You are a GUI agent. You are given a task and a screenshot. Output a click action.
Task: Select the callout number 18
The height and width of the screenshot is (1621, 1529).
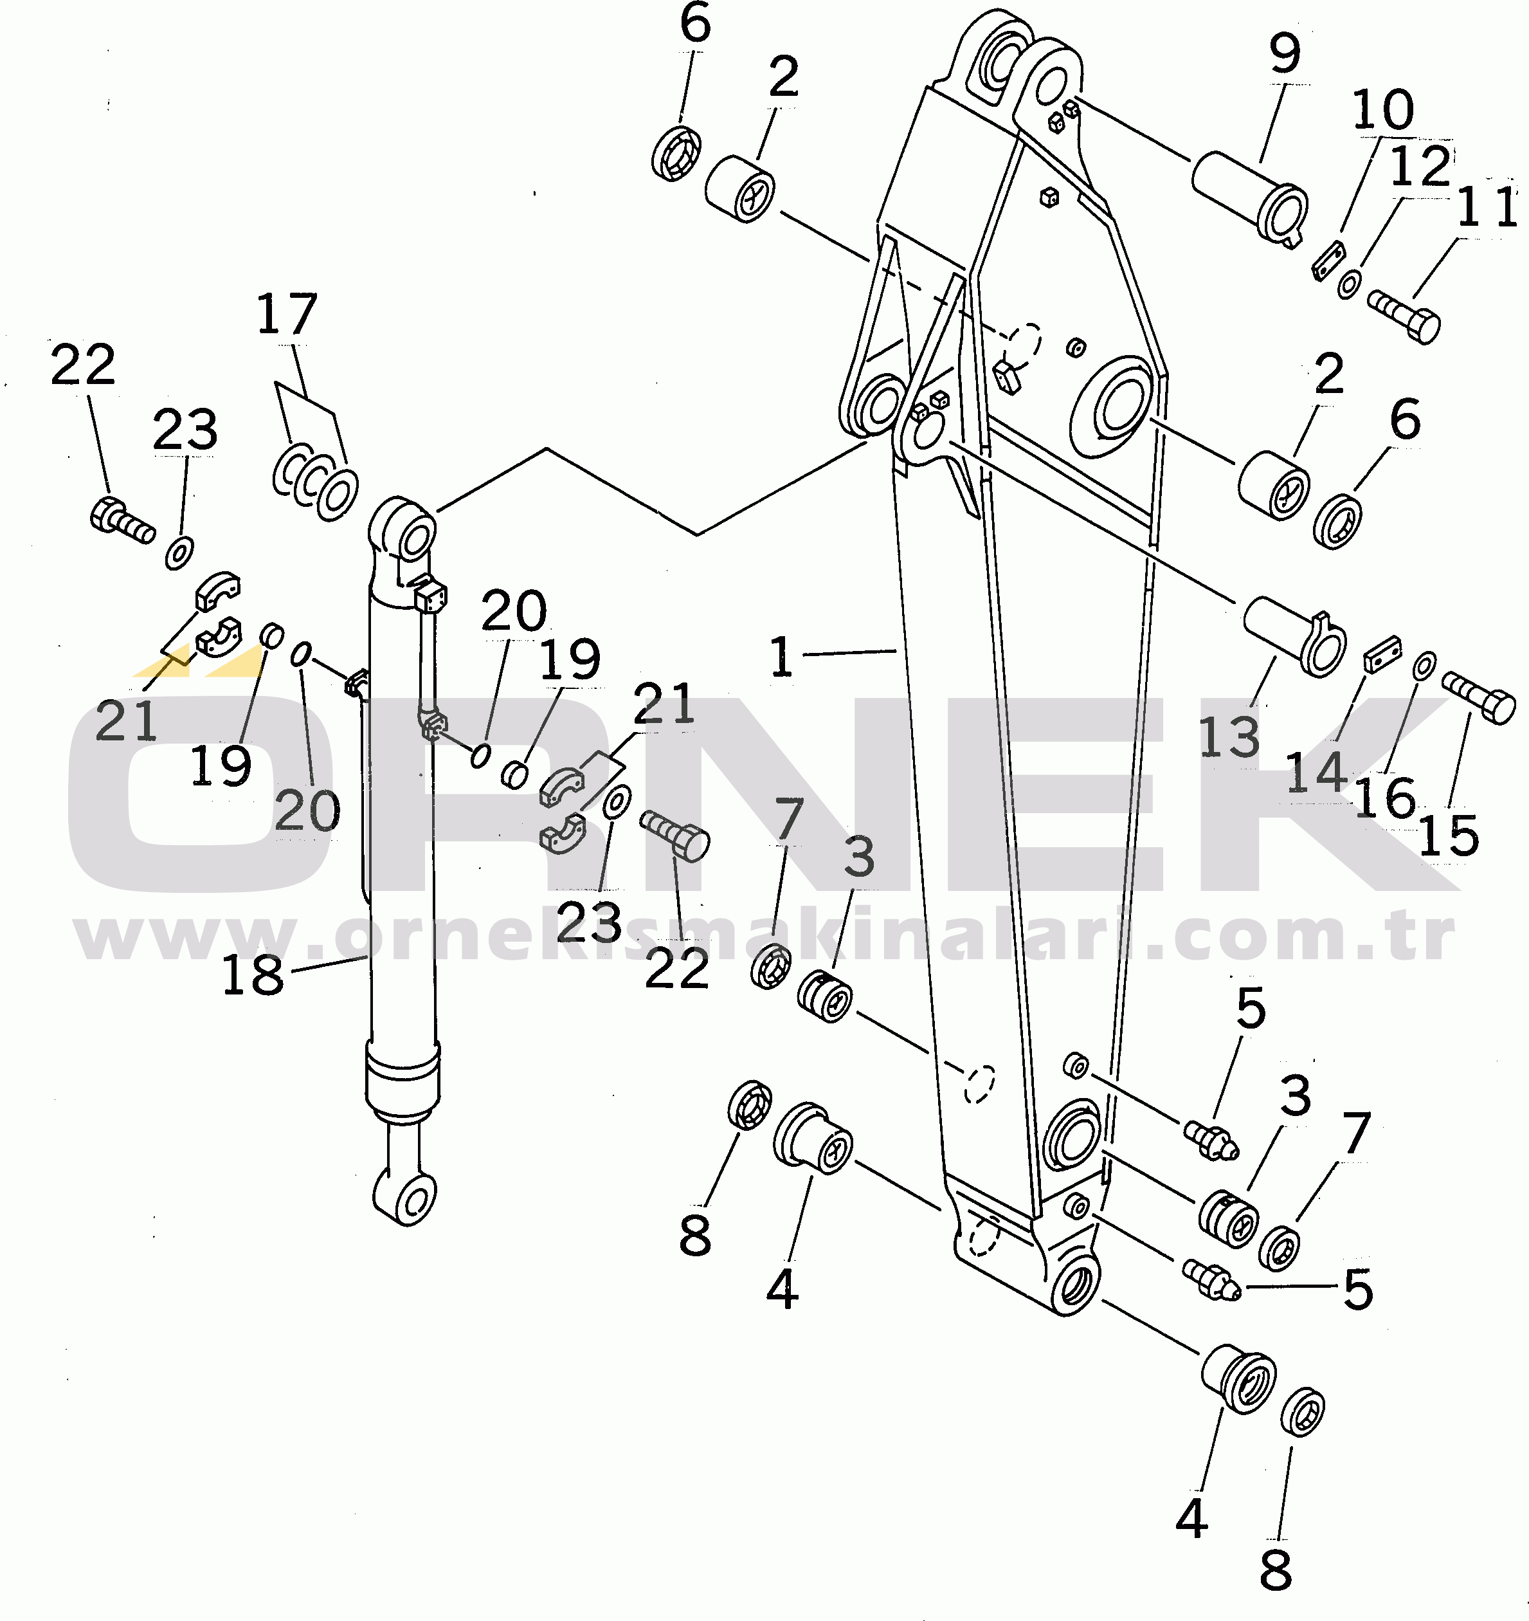click(x=253, y=975)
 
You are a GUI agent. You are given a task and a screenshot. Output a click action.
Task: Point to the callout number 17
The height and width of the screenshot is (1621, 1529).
click(x=286, y=314)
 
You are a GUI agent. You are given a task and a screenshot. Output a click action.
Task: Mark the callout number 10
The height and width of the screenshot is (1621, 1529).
click(x=1383, y=109)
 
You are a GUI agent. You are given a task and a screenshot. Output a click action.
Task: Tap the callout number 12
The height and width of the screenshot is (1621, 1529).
click(x=1420, y=167)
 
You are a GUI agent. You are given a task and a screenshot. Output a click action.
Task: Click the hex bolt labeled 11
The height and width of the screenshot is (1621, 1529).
click(x=1404, y=316)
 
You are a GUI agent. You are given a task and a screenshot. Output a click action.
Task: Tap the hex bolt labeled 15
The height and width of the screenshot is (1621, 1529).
click(x=1478, y=697)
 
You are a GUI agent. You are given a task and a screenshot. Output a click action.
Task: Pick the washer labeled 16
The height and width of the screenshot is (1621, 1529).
click(x=1424, y=665)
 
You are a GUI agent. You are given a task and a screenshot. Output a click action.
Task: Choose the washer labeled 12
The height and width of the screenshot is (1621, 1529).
click(x=1349, y=284)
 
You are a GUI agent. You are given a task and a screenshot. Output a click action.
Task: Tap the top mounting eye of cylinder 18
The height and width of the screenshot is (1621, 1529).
click(x=403, y=531)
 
